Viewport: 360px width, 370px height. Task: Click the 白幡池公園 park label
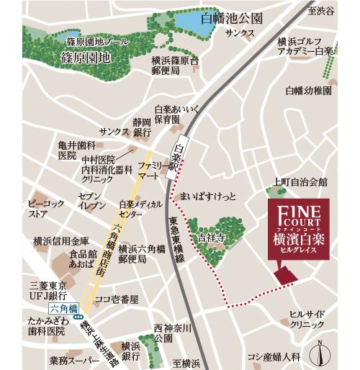(x=233, y=17)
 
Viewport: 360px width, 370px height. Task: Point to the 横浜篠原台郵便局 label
(x=175, y=66)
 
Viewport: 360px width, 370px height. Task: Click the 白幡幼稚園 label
(x=308, y=91)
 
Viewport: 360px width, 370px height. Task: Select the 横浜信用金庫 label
(x=60, y=241)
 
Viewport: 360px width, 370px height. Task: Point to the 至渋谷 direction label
(x=321, y=11)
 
